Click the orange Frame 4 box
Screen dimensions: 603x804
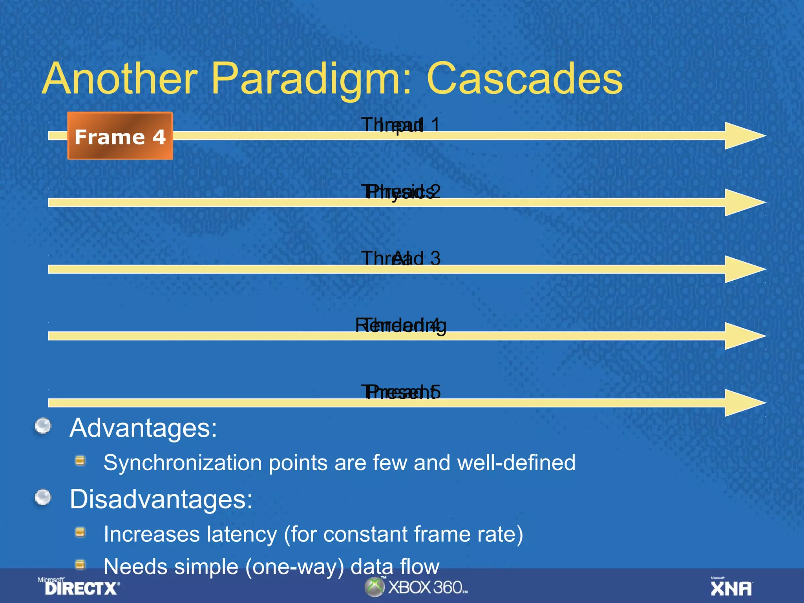click(120, 136)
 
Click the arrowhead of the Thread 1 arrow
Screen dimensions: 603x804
click(744, 135)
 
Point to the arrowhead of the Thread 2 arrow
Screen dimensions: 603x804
click(744, 202)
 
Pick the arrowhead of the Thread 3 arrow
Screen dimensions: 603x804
click(744, 269)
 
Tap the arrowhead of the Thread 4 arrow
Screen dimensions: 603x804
click(744, 336)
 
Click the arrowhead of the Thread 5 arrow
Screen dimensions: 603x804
click(744, 402)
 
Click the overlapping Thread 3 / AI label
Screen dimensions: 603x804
click(400, 259)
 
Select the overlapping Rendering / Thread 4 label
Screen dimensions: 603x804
click(400, 326)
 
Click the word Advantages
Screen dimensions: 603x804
click(143, 428)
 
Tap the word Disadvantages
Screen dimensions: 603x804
click(161, 499)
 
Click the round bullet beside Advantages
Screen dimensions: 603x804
click(43, 426)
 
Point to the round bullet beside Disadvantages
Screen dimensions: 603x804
click(43, 497)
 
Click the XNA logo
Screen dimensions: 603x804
click(731, 587)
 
